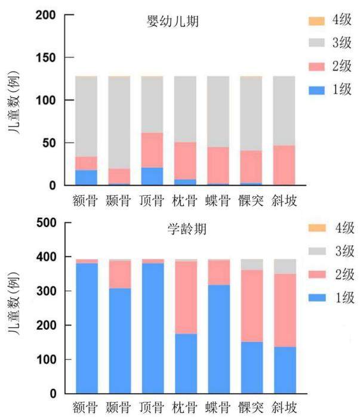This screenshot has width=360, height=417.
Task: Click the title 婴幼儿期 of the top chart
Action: pos(173,21)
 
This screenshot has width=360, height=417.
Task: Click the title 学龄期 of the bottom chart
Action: pos(187,229)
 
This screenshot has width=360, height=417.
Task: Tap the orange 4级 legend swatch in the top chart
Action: pos(316,21)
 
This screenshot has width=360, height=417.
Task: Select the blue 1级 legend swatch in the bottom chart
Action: pos(317,298)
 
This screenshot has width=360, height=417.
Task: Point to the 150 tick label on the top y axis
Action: pos(46,58)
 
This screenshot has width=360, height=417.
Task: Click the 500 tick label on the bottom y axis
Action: pos(47,223)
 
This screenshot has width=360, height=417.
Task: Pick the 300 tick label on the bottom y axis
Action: pos(47,291)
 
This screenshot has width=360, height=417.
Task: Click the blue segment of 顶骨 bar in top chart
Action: pos(152,176)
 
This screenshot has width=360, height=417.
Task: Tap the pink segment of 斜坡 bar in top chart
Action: pos(284,165)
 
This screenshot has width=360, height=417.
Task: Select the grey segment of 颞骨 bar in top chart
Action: pos(119,122)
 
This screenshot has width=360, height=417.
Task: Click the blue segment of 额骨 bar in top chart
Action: pos(86,177)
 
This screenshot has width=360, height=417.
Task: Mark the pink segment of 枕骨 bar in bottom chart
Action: pos(186,297)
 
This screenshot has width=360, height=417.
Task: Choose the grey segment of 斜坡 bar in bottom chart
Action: pos(285,267)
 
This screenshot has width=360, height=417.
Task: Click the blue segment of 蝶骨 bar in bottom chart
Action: pos(219,339)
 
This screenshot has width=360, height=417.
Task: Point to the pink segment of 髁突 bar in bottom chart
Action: pos(252,306)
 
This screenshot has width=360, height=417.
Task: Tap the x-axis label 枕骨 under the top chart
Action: pos(184,200)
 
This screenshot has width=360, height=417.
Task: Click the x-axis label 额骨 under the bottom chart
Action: pos(85,407)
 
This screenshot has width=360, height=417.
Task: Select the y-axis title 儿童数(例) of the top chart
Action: pos(14,103)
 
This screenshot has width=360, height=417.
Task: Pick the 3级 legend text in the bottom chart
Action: pos(344,251)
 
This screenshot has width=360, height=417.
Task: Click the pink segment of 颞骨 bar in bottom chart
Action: pos(120,274)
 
